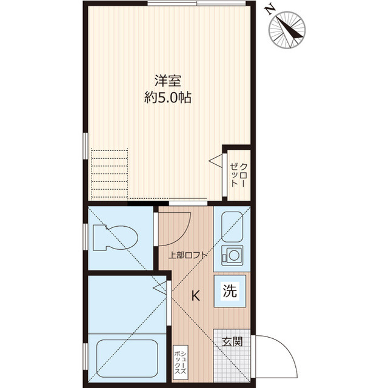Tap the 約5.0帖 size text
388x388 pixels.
[x=168, y=97]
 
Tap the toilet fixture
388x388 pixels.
[x=115, y=237]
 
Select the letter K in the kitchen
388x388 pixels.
[x=195, y=296]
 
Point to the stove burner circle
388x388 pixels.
[x=231, y=255]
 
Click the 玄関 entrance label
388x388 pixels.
[x=231, y=341]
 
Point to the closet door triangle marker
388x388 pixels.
[x=216, y=160]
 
